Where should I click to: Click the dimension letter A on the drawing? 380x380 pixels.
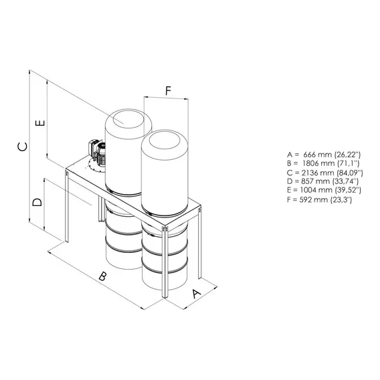[x=197, y=294]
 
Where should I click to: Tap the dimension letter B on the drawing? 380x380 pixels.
[x=103, y=276]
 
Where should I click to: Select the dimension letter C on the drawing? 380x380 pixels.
[x=23, y=147]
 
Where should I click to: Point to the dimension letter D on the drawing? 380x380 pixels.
[x=37, y=202]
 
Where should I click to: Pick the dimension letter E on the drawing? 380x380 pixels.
[x=40, y=123]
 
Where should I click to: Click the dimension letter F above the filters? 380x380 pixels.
[x=168, y=90]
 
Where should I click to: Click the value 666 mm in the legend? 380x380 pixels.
[x=318, y=155]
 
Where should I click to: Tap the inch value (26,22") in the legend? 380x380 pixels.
[x=347, y=155]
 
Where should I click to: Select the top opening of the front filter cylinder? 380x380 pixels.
[x=165, y=140]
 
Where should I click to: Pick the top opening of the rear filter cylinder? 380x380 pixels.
[x=128, y=118]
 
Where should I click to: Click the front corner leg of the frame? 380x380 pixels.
[x=165, y=262]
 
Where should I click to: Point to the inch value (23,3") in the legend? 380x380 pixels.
[x=341, y=199]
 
